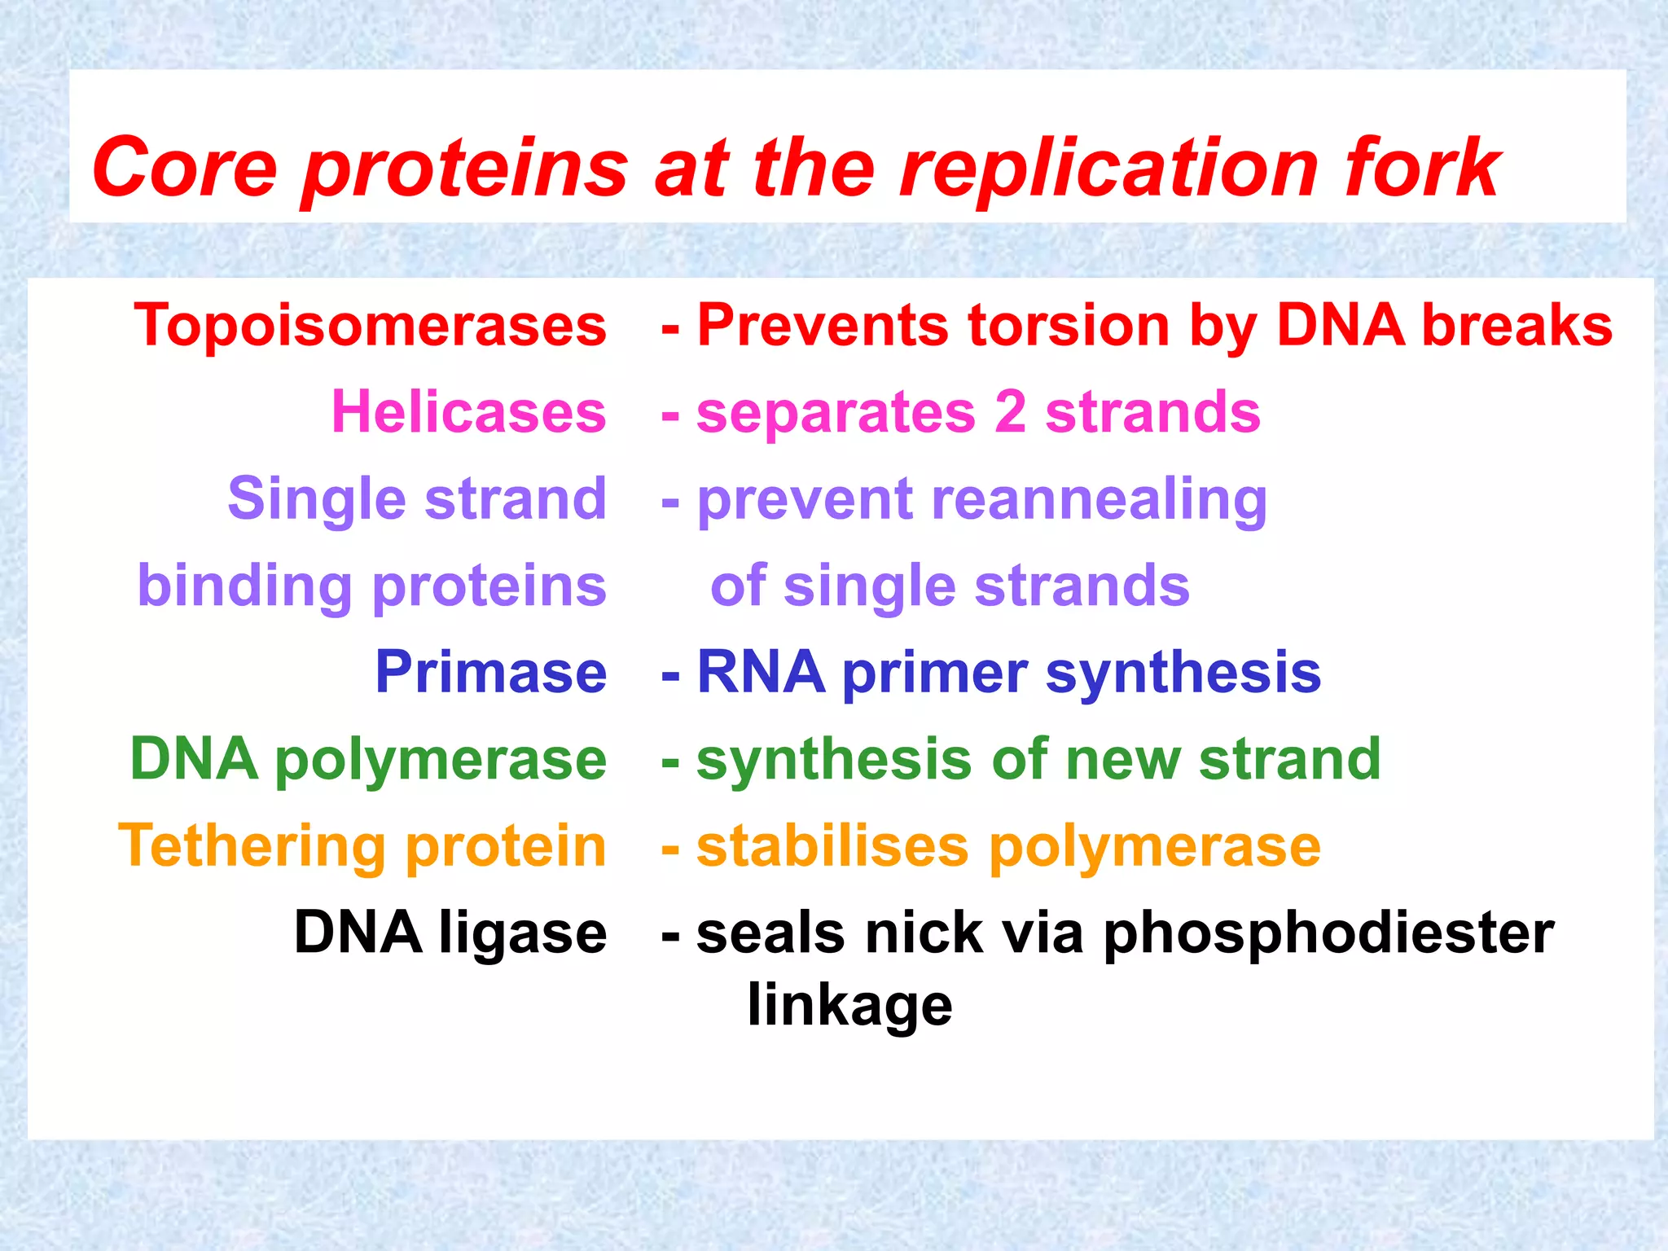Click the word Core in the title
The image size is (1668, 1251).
186,167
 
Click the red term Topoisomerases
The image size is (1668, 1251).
371,326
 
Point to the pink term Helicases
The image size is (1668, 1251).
469,412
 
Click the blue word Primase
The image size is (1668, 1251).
491,673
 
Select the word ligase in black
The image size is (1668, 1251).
523,933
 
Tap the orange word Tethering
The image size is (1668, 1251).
252,846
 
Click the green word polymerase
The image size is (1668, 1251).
441,760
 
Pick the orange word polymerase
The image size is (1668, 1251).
1154,846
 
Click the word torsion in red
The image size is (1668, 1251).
1069,326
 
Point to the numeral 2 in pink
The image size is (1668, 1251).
1010,412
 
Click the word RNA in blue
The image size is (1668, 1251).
760,673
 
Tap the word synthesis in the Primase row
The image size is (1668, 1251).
1183,673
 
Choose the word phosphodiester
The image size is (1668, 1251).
1328,933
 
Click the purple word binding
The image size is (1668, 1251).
244,586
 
